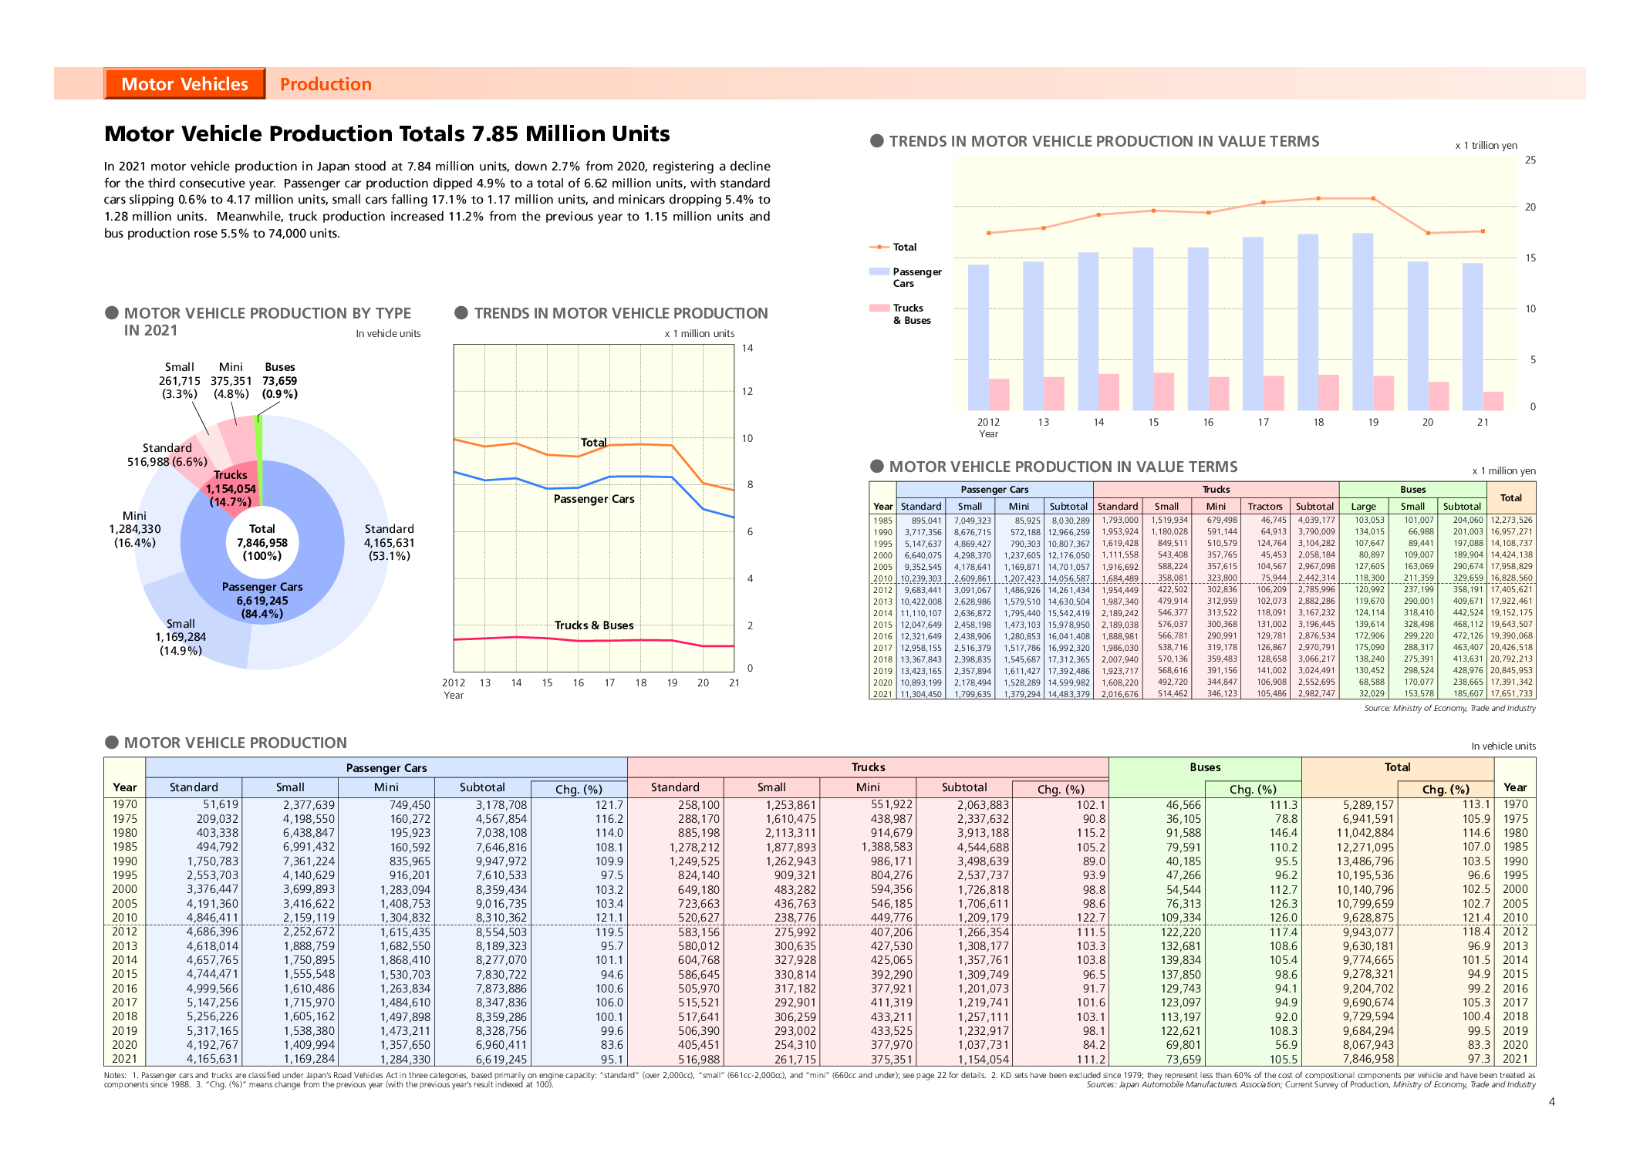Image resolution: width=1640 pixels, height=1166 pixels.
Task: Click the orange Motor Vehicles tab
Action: pyautogui.click(x=184, y=84)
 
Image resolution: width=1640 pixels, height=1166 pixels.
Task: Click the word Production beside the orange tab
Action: pyautogui.click(x=326, y=84)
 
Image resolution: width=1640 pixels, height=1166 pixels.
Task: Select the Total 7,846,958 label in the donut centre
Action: pyautogui.click(x=262, y=541)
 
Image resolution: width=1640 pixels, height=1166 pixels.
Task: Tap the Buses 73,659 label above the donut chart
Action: pyautogui.click(x=279, y=380)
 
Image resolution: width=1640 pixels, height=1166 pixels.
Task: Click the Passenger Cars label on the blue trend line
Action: pyautogui.click(x=594, y=499)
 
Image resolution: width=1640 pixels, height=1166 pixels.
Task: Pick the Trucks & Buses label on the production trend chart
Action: pyautogui.click(x=594, y=625)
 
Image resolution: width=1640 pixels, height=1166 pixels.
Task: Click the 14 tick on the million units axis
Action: pyautogui.click(x=747, y=349)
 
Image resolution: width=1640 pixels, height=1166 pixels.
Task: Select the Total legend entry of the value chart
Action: pyautogui.click(x=904, y=247)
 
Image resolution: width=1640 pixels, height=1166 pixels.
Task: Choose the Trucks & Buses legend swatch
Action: pyautogui.click(x=879, y=308)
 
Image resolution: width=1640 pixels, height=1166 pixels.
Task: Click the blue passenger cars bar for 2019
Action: pyautogui.click(x=1362, y=322)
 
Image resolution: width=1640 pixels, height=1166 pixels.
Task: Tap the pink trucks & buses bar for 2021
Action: pyautogui.click(x=1493, y=401)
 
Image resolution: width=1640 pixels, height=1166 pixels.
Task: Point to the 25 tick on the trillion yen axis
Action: pyautogui.click(x=1530, y=160)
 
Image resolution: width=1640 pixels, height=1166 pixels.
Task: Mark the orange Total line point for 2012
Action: pyautogui.click(x=989, y=233)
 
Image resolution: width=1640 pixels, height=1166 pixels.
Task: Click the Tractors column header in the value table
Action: pyautogui.click(x=1265, y=507)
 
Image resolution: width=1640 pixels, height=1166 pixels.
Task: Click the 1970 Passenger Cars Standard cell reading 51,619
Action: pyautogui.click(x=220, y=804)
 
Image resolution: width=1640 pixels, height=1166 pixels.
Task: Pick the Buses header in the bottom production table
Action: pyautogui.click(x=1205, y=767)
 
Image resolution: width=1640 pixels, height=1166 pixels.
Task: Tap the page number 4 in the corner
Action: pyautogui.click(x=1551, y=1102)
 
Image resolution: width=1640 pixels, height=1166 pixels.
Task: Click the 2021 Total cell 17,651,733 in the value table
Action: pyautogui.click(x=1511, y=694)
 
